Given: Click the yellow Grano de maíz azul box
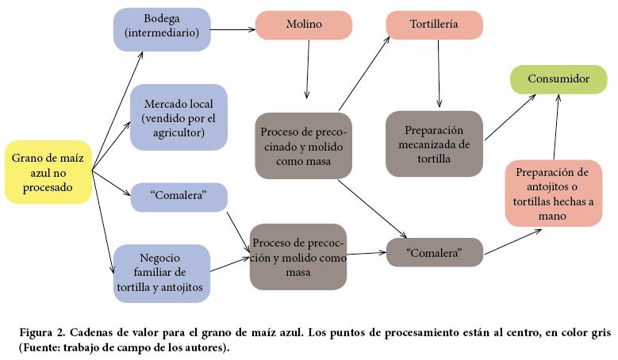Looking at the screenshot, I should (48, 172).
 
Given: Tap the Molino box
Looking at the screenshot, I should (304, 25).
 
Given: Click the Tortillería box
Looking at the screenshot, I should (434, 25).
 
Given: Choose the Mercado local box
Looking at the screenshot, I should (178, 117).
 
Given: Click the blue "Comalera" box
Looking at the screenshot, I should (178, 197).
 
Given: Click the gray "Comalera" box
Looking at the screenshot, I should (434, 252).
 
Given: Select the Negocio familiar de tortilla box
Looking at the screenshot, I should (161, 273).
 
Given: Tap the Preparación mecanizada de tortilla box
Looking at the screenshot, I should (433, 144).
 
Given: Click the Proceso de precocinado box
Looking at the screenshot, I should (303, 144).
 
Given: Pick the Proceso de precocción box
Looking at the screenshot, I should (298, 255).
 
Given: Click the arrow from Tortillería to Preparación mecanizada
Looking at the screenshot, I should (437, 74).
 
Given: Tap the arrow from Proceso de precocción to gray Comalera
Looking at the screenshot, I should (366, 254).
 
